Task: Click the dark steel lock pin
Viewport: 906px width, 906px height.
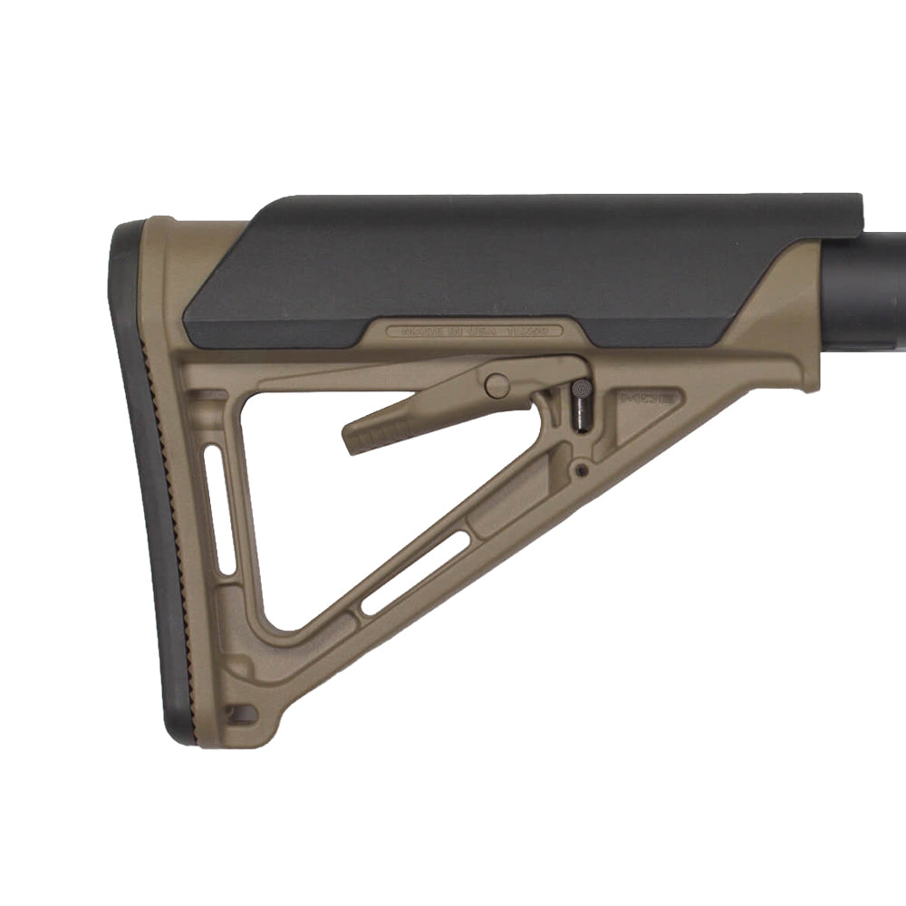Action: click(581, 408)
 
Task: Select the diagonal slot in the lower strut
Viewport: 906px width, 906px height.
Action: click(415, 573)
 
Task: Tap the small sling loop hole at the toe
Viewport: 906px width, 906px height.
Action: click(239, 715)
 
